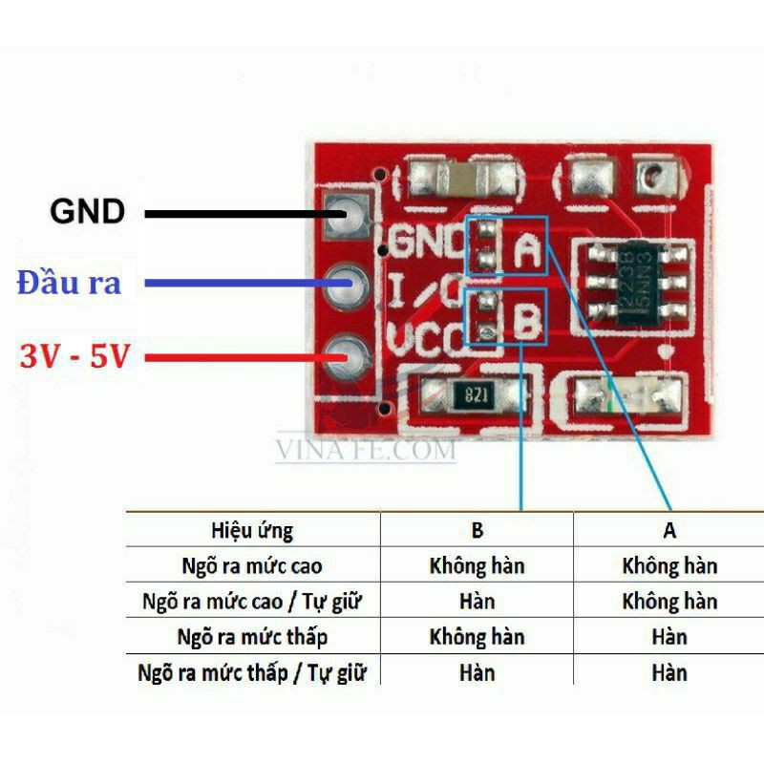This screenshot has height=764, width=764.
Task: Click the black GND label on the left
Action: (88, 211)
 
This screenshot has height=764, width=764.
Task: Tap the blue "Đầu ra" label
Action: (69, 283)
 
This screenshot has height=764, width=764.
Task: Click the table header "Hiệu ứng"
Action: (252, 530)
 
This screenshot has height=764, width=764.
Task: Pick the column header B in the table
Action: (477, 530)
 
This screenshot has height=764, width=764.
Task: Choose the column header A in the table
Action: (668, 530)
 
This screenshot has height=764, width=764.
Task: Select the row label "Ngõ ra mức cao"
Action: (252, 565)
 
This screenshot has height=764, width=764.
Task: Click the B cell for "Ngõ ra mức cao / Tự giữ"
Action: (477, 602)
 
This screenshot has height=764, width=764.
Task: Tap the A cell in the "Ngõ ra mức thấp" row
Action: (668, 637)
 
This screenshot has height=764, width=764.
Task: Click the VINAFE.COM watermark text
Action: (366, 449)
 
